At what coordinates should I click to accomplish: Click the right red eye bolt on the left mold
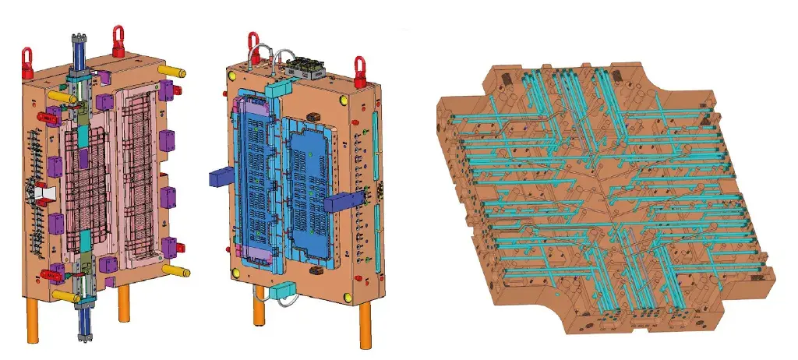(x=118, y=39)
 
